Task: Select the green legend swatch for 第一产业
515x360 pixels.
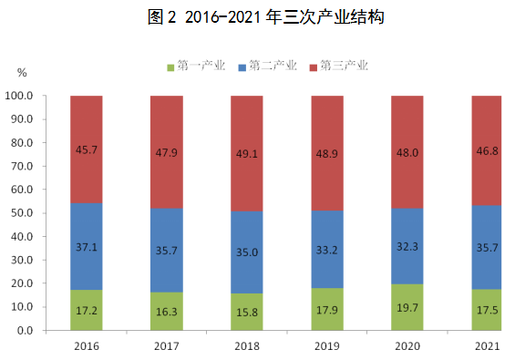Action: click(x=170, y=67)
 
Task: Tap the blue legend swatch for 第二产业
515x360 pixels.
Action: click(x=242, y=67)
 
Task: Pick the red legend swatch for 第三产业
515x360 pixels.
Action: click(x=314, y=67)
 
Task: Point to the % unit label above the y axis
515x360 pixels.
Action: click(x=22, y=73)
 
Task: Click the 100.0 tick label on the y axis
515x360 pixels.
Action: click(x=19, y=96)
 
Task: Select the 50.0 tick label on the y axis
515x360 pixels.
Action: click(x=22, y=213)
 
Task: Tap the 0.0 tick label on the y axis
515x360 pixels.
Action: click(x=25, y=331)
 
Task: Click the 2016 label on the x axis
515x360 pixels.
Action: click(x=87, y=346)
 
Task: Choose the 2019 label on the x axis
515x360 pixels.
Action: click(x=327, y=346)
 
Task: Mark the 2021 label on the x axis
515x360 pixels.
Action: click(x=487, y=346)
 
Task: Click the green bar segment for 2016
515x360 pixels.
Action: click(x=87, y=310)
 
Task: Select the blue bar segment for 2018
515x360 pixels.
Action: click(x=247, y=252)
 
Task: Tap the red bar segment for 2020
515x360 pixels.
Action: click(x=407, y=152)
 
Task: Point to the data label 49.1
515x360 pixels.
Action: click(x=247, y=154)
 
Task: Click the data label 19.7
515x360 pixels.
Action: click(x=407, y=308)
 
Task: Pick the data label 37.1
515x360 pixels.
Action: click(x=87, y=247)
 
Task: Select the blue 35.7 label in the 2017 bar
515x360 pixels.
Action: click(x=167, y=251)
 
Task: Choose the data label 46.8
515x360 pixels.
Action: click(x=488, y=151)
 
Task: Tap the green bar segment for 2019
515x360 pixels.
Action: click(x=327, y=309)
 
